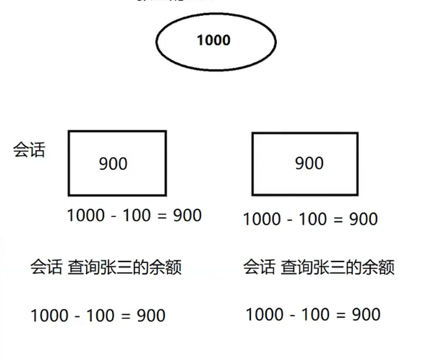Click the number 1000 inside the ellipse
[213, 41]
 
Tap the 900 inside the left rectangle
[113, 163]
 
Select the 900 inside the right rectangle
[309, 163]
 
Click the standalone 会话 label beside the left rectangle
[29, 150]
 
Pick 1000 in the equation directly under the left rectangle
[86, 215]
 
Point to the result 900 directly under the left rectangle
[187, 215]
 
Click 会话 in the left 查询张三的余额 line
[46, 267]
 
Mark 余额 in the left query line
[168, 267]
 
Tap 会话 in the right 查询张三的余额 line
[259, 267]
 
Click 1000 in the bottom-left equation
[49, 316]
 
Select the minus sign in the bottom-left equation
[77, 316]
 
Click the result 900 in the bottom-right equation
[366, 314]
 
